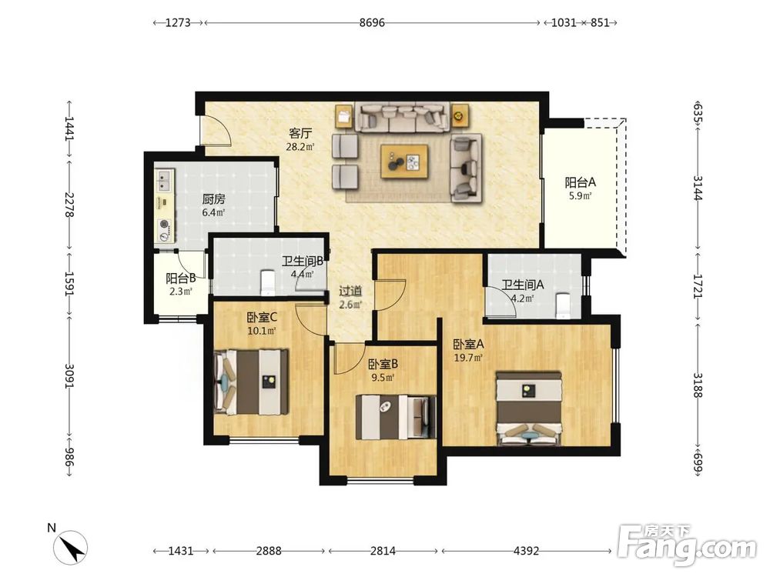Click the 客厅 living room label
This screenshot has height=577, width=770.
click(x=300, y=133)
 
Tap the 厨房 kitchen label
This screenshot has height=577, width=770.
click(x=213, y=199)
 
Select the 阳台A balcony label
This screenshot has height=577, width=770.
click(x=580, y=183)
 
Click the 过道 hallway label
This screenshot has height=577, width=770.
click(x=350, y=291)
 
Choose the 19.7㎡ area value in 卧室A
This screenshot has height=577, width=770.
click(x=468, y=358)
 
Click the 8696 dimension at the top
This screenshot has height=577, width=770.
click(x=372, y=22)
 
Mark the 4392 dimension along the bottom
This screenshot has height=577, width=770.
click(x=526, y=551)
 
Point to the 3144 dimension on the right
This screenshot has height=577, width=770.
click(x=698, y=188)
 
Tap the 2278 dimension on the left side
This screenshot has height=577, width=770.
click(x=69, y=205)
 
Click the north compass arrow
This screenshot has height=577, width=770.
click(x=73, y=547)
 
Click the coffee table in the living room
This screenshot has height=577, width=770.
click(x=404, y=162)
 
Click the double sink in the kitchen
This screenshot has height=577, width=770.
click(x=163, y=180)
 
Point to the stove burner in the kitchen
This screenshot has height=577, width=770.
click(x=164, y=225)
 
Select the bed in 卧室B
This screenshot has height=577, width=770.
click(x=396, y=417)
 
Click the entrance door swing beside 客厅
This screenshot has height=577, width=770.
click(x=216, y=130)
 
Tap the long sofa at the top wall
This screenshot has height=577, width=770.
click(x=402, y=117)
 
